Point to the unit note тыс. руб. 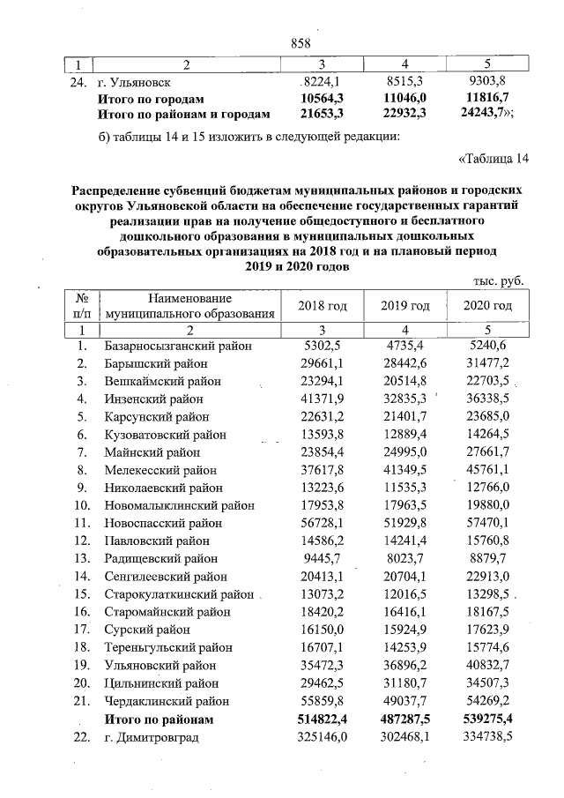pos(499,280)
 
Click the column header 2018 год pos(323,305)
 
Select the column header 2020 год pos(487,305)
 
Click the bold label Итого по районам pos(155,720)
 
